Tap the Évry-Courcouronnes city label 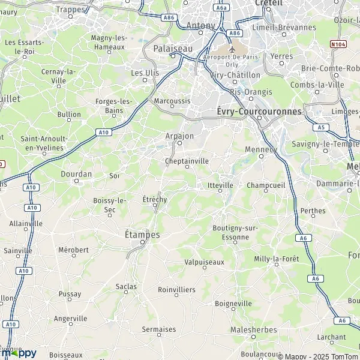pyautogui.click(x=259, y=112)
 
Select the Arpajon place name pyautogui.click(x=179, y=136)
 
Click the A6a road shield pyautogui.click(x=222, y=8)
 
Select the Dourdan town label pyautogui.click(x=76, y=174)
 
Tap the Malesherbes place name pyautogui.click(x=254, y=329)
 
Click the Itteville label pyautogui.click(x=220, y=185)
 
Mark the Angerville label pyautogui.click(x=70, y=319)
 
